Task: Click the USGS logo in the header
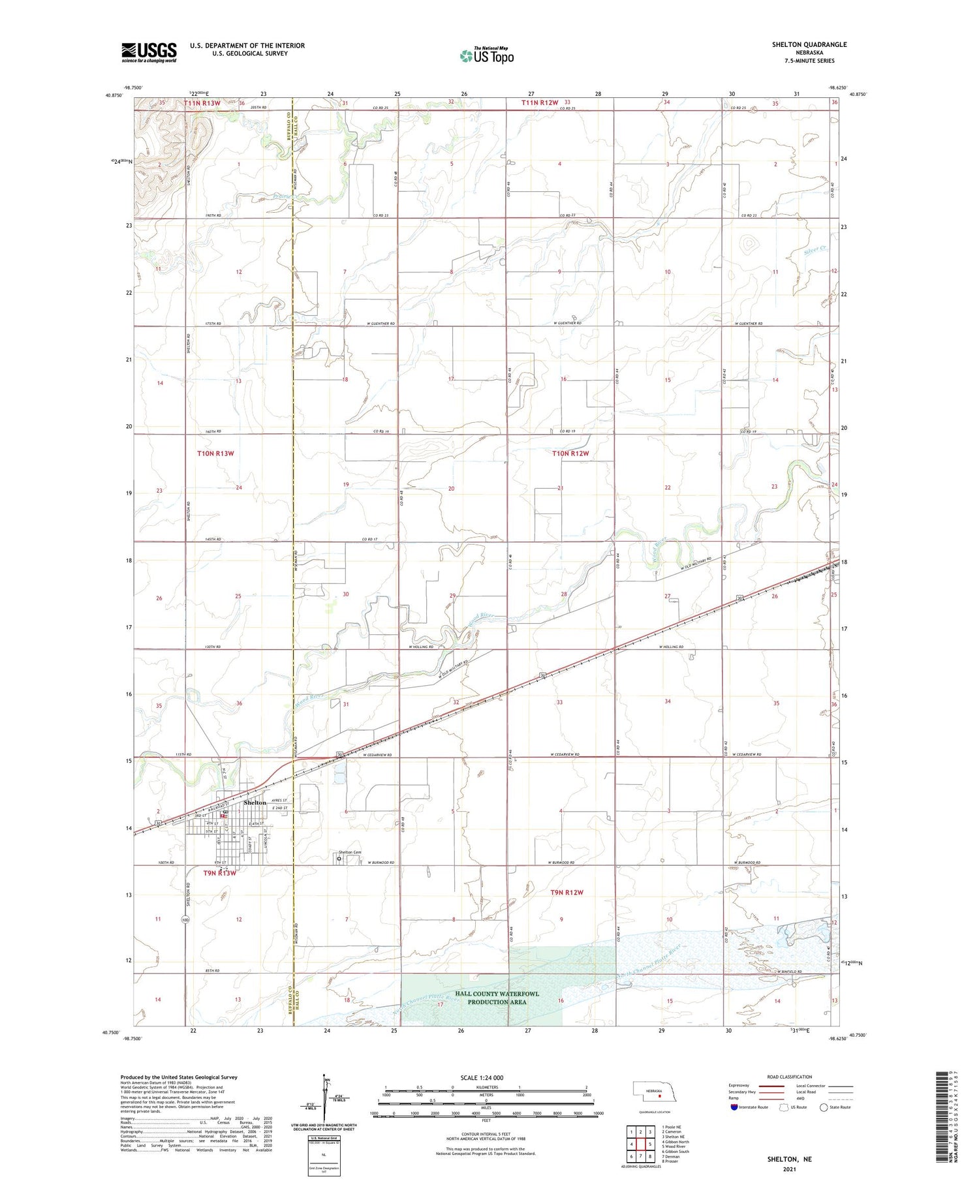pos(149,52)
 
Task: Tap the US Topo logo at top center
pos(487,56)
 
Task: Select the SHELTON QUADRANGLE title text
pos(809,44)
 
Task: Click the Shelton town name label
pos(255,803)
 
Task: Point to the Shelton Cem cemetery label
pos(350,852)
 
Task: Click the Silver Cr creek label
pos(816,249)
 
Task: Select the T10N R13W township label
pos(215,453)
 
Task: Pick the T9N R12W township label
pos(567,892)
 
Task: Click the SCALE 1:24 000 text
pos(482,1077)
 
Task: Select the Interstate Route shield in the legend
pos(734,1107)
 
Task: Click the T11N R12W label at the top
pos(540,103)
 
